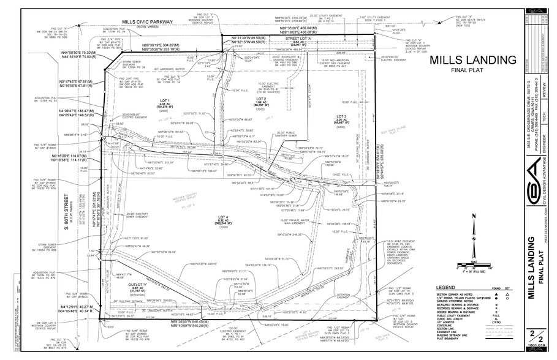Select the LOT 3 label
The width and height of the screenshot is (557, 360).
point(341,116)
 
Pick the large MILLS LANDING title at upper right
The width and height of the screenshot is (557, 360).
point(472,60)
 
